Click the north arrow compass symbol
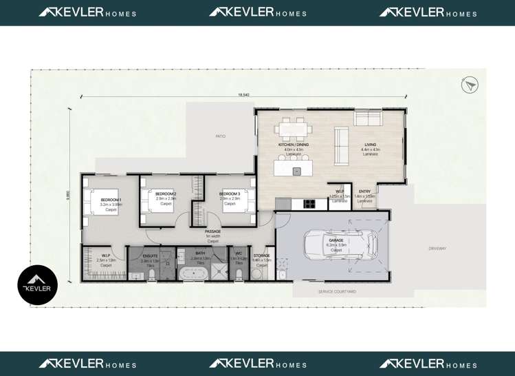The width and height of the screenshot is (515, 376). point(470,85)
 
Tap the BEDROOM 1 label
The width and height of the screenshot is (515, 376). point(111,200)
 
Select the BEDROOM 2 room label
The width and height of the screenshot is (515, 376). point(166,194)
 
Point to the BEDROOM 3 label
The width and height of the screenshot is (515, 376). point(230,194)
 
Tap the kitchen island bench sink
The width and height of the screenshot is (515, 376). point(297,171)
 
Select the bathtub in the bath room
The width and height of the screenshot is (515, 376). point(193,273)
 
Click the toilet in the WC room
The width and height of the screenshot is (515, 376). point(239,274)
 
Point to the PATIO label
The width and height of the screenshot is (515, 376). point(220,136)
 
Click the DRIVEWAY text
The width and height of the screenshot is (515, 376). point(437,249)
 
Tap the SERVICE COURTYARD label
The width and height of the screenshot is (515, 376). point(337,292)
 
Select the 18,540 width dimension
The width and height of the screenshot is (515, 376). point(243,94)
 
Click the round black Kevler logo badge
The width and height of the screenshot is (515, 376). point(37,285)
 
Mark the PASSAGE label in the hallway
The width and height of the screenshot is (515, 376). point(213,231)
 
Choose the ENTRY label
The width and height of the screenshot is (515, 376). point(364,191)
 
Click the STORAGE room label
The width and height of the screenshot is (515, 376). point(261,255)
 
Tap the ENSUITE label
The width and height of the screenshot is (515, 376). point(150,256)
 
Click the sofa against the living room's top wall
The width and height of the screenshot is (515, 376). point(368,118)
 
